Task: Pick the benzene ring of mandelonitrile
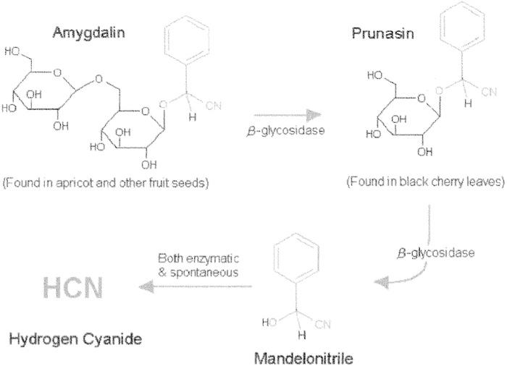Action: point(293,263)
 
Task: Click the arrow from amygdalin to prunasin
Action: point(283,115)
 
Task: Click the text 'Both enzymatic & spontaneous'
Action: point(198,264)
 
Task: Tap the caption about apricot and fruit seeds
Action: point(106,182)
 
